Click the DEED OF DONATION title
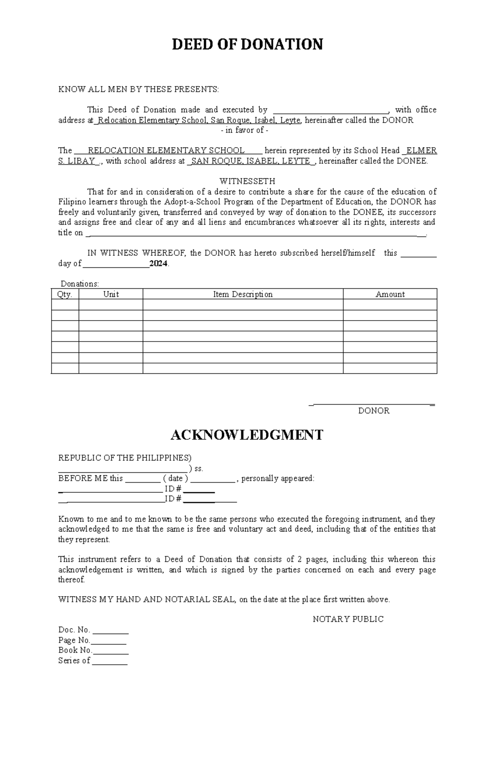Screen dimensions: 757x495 tap(247, 44)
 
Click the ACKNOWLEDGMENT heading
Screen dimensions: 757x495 tap(247, 435)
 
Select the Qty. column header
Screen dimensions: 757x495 tap(65, 294)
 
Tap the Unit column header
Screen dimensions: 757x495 tap(111, 294)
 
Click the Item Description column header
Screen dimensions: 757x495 tap(243, 294)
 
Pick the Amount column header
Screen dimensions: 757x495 tap(390, 294)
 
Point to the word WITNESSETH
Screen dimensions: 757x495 tap(247, 182)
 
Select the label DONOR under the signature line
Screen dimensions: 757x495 tap(374, 411)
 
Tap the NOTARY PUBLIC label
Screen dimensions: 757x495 tap(348, 619)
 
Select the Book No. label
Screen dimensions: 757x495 tap(75, 650)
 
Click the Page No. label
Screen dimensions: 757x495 tap(74, 640)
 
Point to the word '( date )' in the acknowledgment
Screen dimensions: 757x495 tap(175, 479)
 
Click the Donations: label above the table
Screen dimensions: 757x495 tap(80, 284)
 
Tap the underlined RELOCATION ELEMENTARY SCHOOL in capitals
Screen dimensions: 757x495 tap(166, 151)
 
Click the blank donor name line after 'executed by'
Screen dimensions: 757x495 tap(330, 111)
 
